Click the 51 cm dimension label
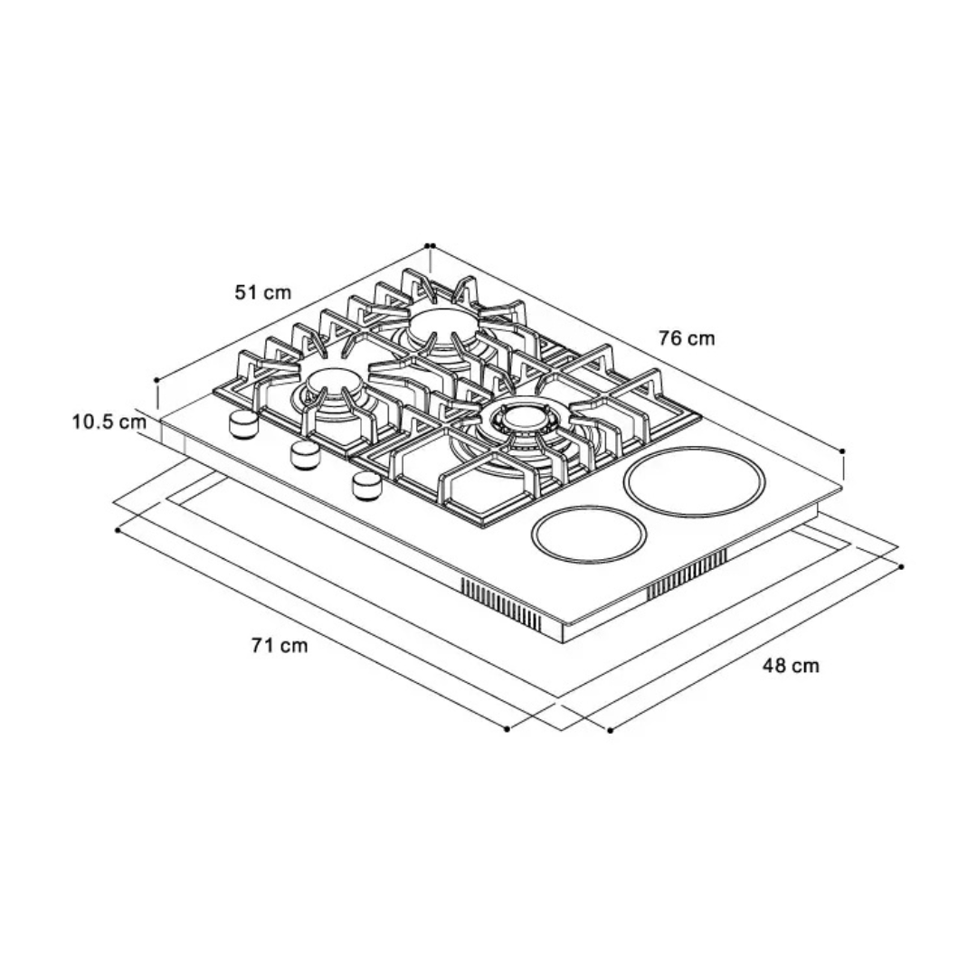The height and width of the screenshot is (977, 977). (x=263, y=291)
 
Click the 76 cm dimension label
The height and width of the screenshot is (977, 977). (x=687, y=337)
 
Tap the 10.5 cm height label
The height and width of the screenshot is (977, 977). (x=109, y=422)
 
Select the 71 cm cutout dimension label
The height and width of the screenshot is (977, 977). (x=280, y=645)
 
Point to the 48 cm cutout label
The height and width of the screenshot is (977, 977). (x=791, y=666)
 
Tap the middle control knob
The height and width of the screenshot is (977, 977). (x=306, y=455)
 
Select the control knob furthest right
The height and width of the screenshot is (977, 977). (x=367, y=486)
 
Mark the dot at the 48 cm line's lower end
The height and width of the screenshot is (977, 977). (x=610, y=730)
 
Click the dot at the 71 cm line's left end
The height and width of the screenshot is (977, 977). (x=118, y=531)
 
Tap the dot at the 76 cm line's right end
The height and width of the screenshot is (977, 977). (x=843, y=451)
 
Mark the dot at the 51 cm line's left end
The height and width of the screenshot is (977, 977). (x=156, y=379)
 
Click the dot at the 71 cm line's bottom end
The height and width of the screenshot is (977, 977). (x=507, y=729)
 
